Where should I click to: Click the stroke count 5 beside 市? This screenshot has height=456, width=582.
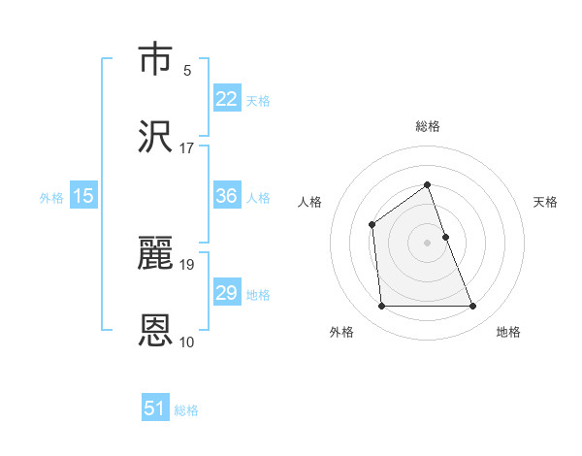point(187,70)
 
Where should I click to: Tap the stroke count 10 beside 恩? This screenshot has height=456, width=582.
point(187,342)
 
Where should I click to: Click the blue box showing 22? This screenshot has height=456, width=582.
point(227,99)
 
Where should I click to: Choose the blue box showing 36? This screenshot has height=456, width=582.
point(227,196)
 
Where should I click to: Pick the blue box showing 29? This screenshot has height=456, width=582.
point(227,293)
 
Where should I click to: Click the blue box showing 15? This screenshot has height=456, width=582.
point(83,196)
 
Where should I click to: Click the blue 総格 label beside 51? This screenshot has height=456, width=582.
point(186,410)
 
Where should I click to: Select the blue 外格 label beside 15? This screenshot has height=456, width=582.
point(51,198)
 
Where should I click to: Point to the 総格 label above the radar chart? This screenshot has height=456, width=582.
point(427,126)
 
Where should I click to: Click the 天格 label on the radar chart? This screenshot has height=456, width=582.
point(545,202)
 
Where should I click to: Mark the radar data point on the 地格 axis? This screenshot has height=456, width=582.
point(473,307)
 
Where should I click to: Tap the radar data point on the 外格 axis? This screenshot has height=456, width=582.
point(381,307)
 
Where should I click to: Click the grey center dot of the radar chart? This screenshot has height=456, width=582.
point(427,243)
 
